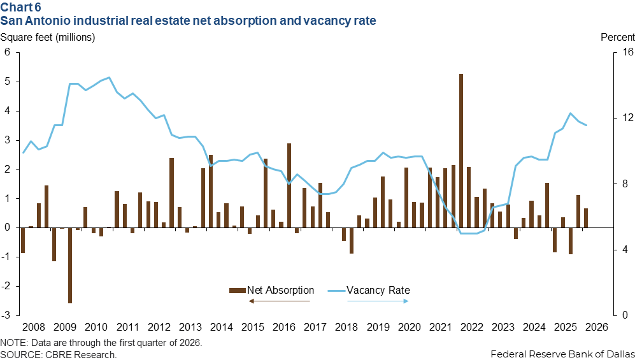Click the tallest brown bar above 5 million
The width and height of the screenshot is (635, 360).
[x=461, y=150]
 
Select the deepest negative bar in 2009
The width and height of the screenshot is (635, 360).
[x=70, y=265]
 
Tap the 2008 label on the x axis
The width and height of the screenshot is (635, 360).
[x=34, y=328]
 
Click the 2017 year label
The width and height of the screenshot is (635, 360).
[x=315, y=328]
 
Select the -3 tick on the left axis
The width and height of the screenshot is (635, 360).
[x=8, y=315]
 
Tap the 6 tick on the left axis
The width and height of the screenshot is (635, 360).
[x=8, y=52]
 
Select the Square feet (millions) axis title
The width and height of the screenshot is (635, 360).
[x=48, y=37]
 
